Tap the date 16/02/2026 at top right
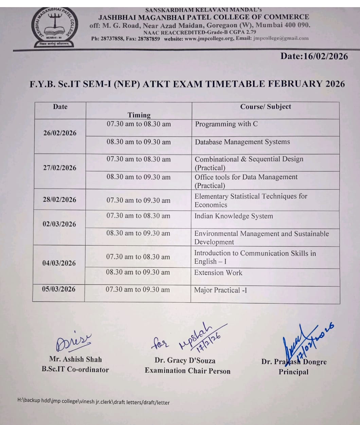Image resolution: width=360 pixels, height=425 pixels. click(x=314, y=56)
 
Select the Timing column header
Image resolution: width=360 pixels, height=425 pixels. click(x=139, y=115)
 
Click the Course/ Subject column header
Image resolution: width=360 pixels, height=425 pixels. click(x=266, y=107)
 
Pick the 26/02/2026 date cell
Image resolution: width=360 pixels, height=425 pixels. click(x=60, y=133)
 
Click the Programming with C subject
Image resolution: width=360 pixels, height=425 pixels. click(x=226, y=124)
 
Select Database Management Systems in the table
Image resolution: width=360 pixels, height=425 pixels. click(x=242, y=142)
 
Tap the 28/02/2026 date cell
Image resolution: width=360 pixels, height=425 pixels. click(x=59, y=199)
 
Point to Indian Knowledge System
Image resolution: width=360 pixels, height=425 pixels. click(x=233, y=216)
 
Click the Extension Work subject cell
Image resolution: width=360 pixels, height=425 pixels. click(x=218, y=272)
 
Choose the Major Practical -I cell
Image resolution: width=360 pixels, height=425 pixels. click(x=220, y=290)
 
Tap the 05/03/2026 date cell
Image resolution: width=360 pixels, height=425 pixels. click(x=59, y=289)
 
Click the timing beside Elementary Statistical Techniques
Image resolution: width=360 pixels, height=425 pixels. click(x=138, y=200)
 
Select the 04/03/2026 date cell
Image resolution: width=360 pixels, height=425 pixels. click(x=59, y=263)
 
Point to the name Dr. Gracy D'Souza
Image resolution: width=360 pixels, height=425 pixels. click(x=185, y=360)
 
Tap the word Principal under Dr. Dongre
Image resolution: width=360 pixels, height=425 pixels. click(x=293, y=372)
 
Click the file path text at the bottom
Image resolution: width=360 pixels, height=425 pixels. click(x=93, y=402)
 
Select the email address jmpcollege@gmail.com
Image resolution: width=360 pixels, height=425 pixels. click(x=281, y=38)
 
